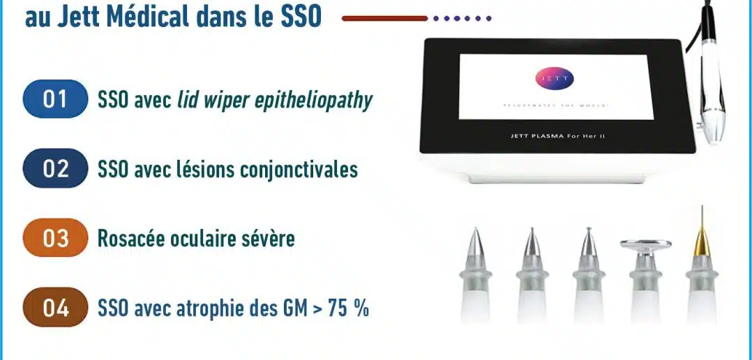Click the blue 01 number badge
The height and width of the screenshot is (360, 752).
tap(56, 99)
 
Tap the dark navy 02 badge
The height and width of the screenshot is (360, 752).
tap(56, 168)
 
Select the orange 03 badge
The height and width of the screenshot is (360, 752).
tap(56, 238)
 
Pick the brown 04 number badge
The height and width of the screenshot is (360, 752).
tap(56, 307)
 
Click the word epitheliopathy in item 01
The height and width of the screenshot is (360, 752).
tap(307, 100)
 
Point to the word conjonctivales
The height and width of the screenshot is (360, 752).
tap(295, 169)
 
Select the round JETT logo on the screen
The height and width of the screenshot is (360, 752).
tap(554, 79)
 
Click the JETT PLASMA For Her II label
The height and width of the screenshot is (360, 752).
tap(557, 136)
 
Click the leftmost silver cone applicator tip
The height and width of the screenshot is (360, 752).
tap(475, 276)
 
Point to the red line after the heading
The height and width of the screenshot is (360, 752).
tap(384, 19)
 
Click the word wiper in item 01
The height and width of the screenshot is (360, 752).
tap(216, 100)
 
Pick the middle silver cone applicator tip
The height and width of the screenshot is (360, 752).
tap(589, 276)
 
